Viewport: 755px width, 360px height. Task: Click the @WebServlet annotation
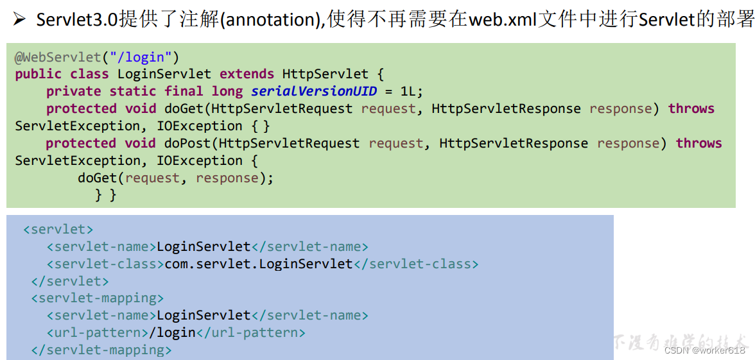(58, 57)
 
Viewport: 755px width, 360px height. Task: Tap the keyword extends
(247, 74)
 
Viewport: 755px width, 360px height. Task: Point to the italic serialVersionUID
(314, 92)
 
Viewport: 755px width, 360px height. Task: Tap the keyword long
(227, 92)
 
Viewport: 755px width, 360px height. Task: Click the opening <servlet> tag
(58, 230)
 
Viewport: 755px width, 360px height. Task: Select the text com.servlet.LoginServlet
(259, 264)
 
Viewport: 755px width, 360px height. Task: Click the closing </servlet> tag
(70, 281)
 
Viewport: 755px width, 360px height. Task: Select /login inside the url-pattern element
(172, 333)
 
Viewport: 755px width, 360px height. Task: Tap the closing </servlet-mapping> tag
(101, 350)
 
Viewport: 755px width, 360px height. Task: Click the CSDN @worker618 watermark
(704, 350)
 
